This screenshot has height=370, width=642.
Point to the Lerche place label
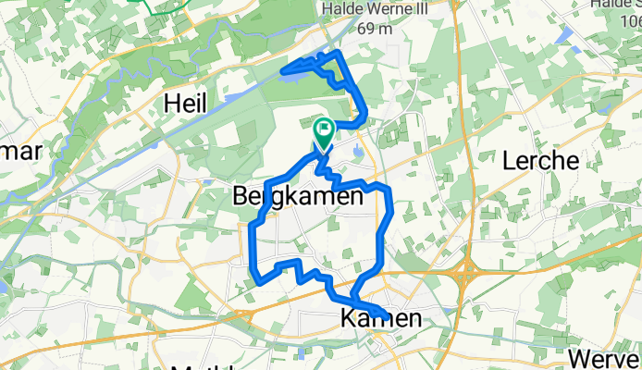540,161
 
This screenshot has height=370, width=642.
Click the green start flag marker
324,132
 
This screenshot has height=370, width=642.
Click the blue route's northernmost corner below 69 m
340,54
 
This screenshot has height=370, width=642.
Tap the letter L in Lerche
509,161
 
